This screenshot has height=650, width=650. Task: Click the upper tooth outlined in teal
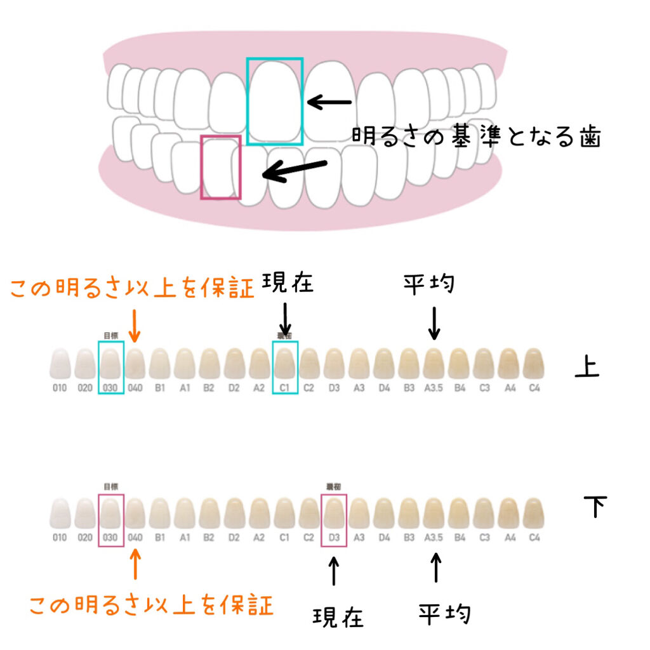(275, 102)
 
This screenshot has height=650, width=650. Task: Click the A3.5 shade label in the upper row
(434, 387)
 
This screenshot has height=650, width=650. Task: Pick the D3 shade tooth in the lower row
(334, 514)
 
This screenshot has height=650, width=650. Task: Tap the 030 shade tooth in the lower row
(110, 514)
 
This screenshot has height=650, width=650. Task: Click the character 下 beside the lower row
(595, 506)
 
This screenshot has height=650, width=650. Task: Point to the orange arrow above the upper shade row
(134, 326)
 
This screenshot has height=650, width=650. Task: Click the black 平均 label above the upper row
(429, 283)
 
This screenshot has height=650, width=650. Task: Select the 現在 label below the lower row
(338, 617)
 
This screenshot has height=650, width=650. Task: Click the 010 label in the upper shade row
(60, 387)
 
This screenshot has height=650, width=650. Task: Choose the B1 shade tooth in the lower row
(160, 514)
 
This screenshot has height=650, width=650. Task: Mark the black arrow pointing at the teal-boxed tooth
(329, 102)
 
